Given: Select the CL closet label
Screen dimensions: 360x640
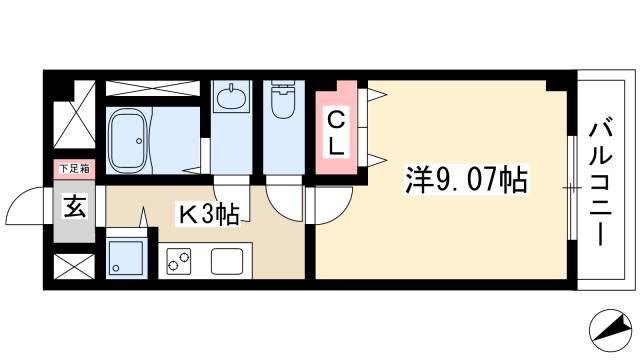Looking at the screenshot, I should click(337, 132).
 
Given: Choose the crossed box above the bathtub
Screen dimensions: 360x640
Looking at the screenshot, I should click(152, 88).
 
